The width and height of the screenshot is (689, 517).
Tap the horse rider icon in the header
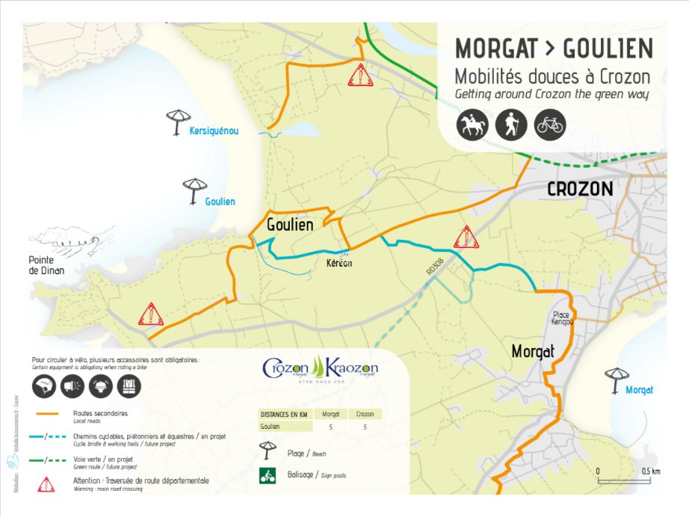472,125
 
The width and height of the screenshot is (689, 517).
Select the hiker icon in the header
511,125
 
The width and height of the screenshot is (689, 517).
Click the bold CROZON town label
580,189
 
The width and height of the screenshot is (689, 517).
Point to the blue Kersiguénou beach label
214,131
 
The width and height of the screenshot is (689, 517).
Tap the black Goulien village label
290,223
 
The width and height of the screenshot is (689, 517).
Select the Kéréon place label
339,263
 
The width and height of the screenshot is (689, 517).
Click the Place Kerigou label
563,318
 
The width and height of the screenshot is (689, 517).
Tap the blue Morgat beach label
639,390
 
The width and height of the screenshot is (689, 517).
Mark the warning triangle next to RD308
466,237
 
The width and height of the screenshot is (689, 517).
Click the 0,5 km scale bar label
650,471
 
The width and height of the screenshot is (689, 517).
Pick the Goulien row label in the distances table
271,427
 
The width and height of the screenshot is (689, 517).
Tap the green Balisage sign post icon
266,474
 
